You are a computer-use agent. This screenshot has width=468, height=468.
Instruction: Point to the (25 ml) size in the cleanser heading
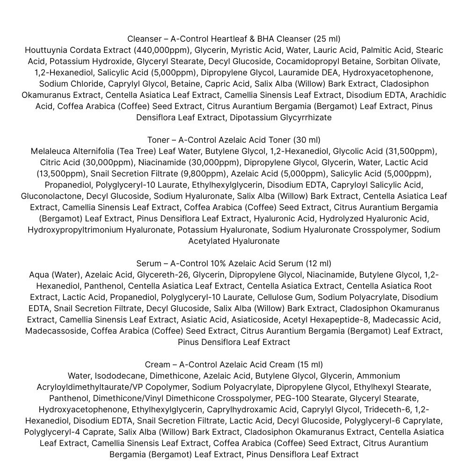tap(327, 39)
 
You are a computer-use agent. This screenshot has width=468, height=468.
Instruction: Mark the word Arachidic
tap(428, 95)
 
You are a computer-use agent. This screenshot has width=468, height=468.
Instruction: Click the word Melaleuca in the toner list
tap(50, 151)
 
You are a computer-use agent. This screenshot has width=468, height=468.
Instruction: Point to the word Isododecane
tap(119, 376)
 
